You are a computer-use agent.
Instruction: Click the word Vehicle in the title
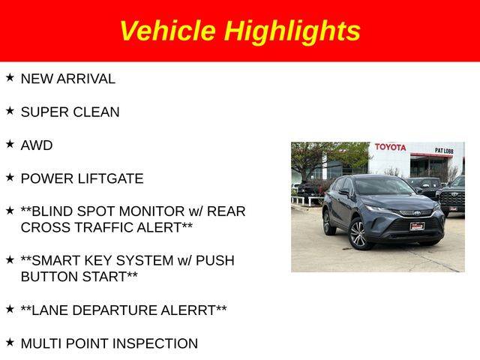[168, 31]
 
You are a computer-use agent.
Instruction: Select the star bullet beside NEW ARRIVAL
[10, 77]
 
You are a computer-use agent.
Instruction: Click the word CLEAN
[96, 112]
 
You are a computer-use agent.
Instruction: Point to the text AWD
[37, 145]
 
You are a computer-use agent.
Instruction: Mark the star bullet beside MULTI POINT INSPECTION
[10, 342]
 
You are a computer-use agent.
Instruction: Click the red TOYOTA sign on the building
[390, 147]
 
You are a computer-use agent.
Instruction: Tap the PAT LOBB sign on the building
[444, 150]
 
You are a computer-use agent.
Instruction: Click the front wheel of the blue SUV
[358, 234]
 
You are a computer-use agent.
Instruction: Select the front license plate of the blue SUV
[417, 226]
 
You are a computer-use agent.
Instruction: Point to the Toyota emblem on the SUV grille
[417, 213]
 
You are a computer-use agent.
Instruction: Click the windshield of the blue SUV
[383, 186]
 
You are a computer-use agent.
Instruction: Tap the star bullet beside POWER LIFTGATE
[10, 177]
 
